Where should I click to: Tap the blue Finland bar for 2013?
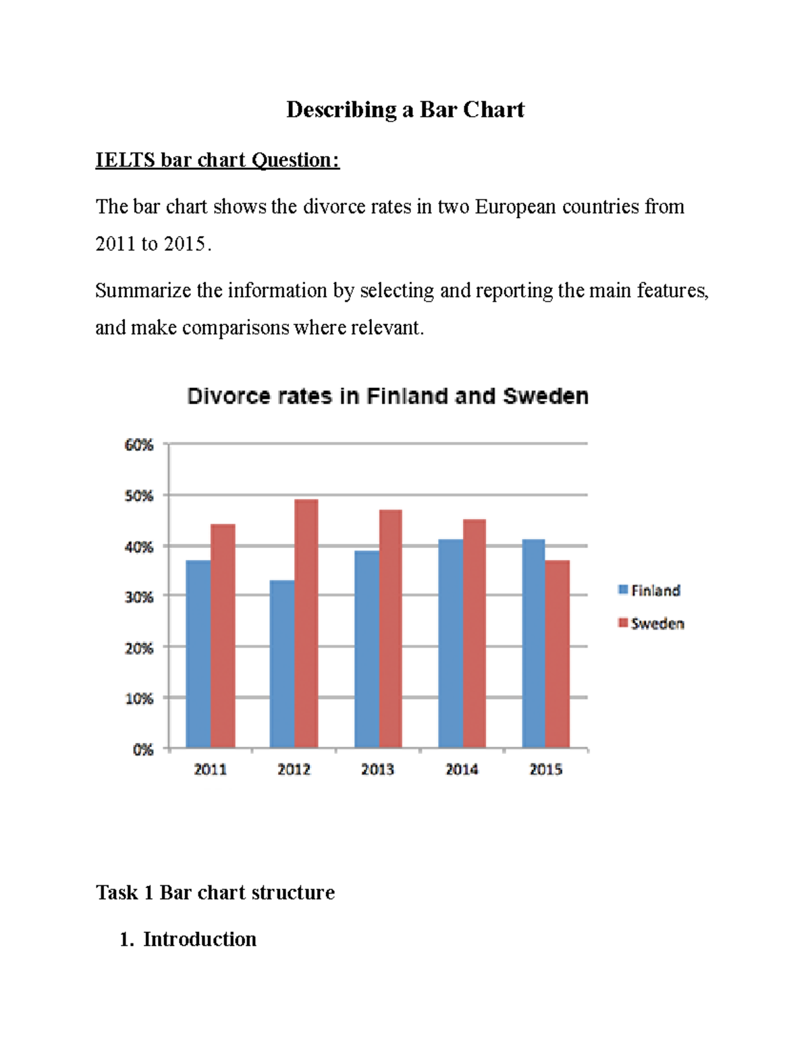click(367, 649)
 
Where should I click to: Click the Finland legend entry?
click(649, 590)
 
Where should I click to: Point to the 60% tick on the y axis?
click(139, 445)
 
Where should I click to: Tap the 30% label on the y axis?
click(139, 597)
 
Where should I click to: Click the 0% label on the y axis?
click(142, 750)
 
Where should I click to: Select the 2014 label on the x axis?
click(462, 769)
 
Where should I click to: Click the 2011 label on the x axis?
click(210, 769)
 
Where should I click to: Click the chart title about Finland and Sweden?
click(387, 396)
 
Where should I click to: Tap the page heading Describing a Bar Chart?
click(405, 109)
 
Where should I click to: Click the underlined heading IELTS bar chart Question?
click(217, 160)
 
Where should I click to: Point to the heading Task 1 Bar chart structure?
click(215, 892)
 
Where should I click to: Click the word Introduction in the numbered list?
click(199, 939)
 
